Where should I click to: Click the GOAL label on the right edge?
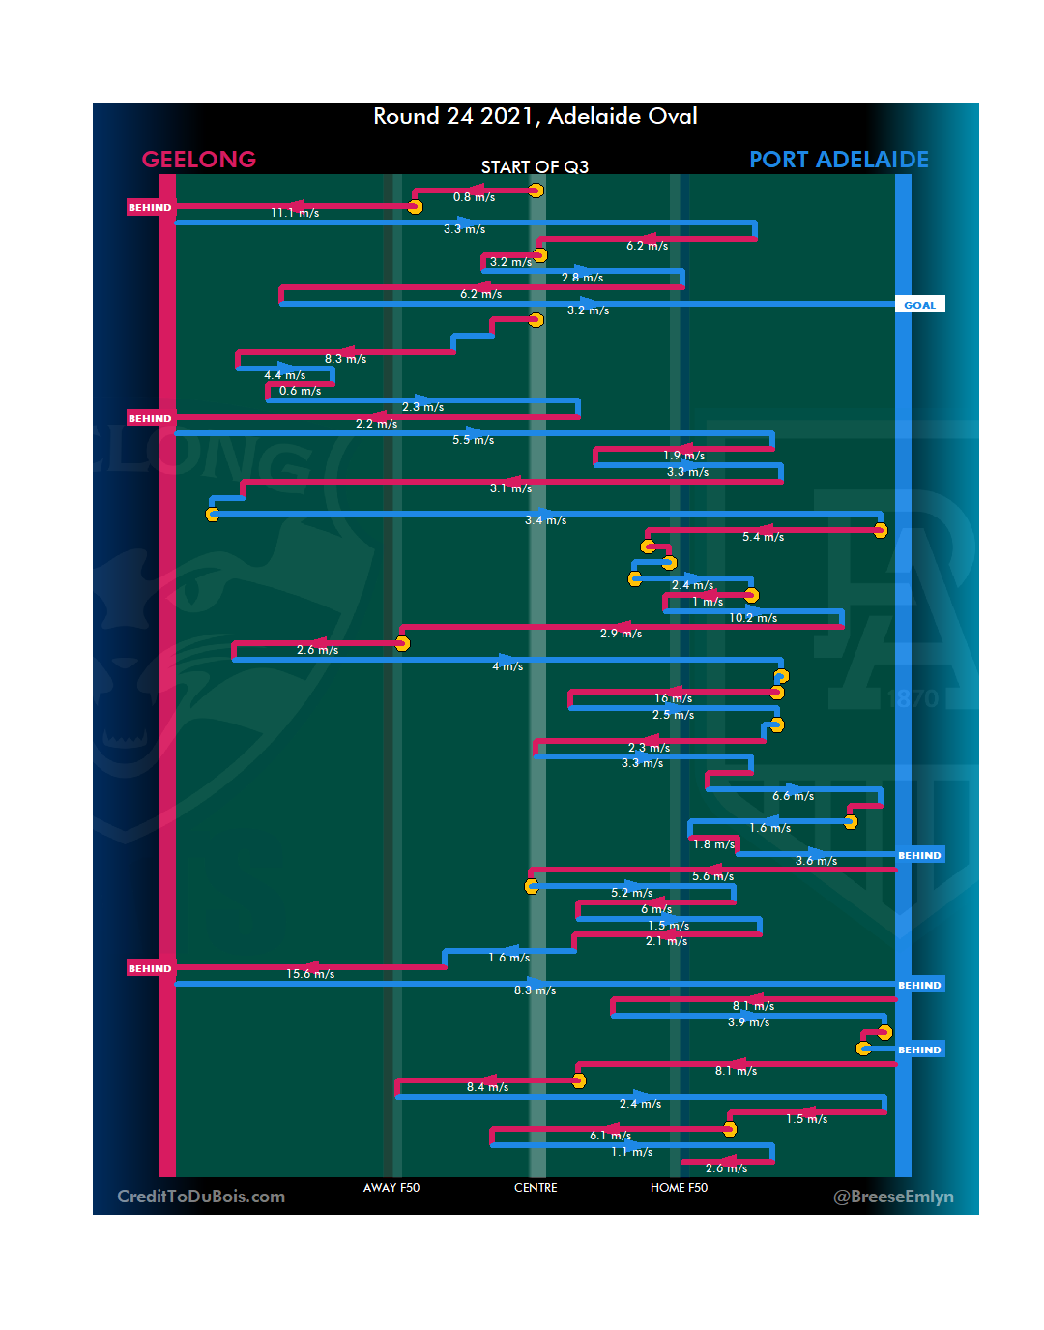919,305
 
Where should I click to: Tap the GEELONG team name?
199,160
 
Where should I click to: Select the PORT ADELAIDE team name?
838,160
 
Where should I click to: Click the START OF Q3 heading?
535,167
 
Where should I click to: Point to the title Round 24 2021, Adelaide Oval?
536,117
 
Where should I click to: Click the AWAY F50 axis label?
391,1188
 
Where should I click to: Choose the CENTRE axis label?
536,1188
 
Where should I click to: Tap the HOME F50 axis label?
679,1188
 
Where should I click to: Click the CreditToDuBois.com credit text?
201,1197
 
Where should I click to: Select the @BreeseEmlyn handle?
893,1197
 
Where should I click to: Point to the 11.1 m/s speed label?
295,213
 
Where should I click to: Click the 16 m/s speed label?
673,698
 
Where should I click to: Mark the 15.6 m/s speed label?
310,974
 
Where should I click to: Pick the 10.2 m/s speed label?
753,618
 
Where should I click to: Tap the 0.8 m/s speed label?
474,197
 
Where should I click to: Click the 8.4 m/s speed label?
487,1087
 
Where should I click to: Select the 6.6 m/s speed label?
793,796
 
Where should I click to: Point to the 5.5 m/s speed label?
473,440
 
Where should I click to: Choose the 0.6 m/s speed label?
300,391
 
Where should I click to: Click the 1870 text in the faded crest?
913,698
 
